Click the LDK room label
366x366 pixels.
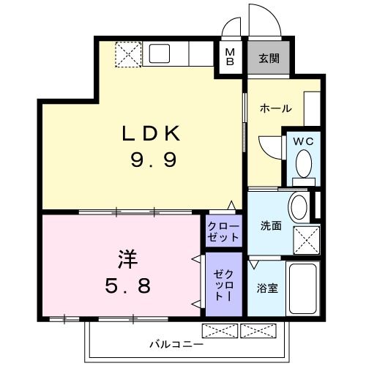(x=150, y=133)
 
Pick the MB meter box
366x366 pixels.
(x=230, y=57)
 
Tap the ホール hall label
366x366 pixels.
(x=276, y=109)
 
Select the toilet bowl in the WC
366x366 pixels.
(x=302, y=167)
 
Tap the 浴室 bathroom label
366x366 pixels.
(x=267, y=288)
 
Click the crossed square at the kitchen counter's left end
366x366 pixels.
(x=129, y=53)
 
